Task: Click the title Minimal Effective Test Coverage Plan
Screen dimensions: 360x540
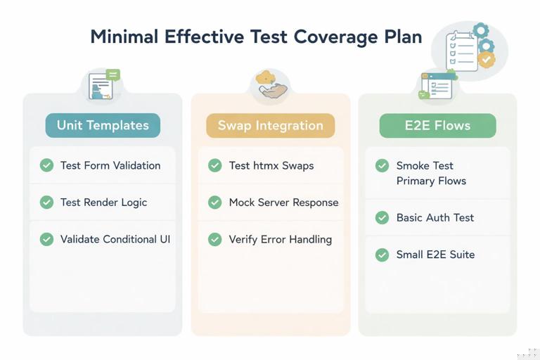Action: pos(256,37)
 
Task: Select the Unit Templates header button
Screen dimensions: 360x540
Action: pos(103,126)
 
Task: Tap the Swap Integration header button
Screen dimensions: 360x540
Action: pos(270,126)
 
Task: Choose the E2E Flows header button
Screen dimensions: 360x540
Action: pos(437,126)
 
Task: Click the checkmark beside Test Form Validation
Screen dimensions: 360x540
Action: pos(46,165)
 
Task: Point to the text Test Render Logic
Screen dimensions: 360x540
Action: pos(103,202)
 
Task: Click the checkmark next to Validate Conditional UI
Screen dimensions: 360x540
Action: pos(46,239)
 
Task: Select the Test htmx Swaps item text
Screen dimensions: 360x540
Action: pos(271,165)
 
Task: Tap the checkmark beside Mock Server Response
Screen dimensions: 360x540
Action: pos(215,202)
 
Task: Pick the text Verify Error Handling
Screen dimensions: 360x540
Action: pos(280,239)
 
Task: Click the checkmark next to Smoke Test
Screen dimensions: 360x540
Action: pos(382,166)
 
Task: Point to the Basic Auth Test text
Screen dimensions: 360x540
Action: pos(435,218)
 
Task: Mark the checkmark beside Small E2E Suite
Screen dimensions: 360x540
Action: pos(382,255)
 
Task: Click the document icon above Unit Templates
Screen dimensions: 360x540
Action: pos(103,85)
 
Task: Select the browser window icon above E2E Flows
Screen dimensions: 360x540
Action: pos(437,86)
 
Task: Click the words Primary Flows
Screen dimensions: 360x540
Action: pos(431,181)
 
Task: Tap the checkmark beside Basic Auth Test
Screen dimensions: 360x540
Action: pos(382,218)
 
